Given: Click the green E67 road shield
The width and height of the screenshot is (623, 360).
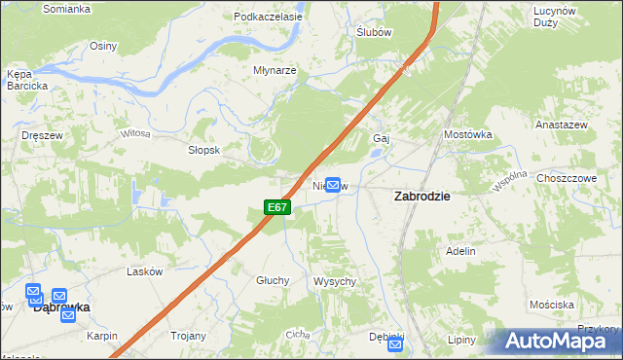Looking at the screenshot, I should (277, 207).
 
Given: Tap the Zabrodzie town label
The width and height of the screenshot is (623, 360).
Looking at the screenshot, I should (421, 196).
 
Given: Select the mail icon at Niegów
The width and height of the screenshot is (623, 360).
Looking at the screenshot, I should (333, 184).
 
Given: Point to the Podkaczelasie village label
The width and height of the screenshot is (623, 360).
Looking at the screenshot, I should (265, 18).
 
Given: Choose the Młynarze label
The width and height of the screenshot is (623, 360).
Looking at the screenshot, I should (275, 71).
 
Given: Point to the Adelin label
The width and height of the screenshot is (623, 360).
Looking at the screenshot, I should (460, 251).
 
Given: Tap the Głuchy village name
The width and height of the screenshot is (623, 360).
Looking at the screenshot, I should (274, 280).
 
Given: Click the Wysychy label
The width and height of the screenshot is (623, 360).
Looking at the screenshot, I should (334, 281).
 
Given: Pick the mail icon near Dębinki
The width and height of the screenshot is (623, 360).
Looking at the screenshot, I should (395, 344).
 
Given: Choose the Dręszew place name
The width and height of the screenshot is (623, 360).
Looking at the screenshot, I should (42, 136).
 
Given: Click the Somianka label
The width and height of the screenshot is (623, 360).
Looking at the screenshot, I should (67, 9).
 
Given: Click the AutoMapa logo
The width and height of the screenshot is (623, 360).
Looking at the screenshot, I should (558, 341).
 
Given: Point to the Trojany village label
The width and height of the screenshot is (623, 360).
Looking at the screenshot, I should (189, 336).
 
